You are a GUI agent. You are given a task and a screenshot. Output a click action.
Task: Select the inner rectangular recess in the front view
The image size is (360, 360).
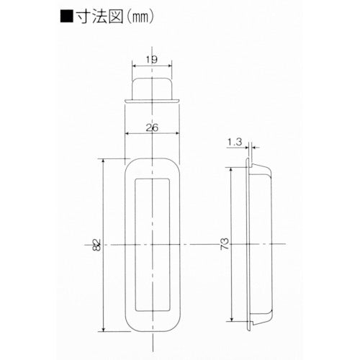(153, 245)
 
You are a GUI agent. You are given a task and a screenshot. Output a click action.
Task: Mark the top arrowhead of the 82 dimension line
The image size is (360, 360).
(106, 162)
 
